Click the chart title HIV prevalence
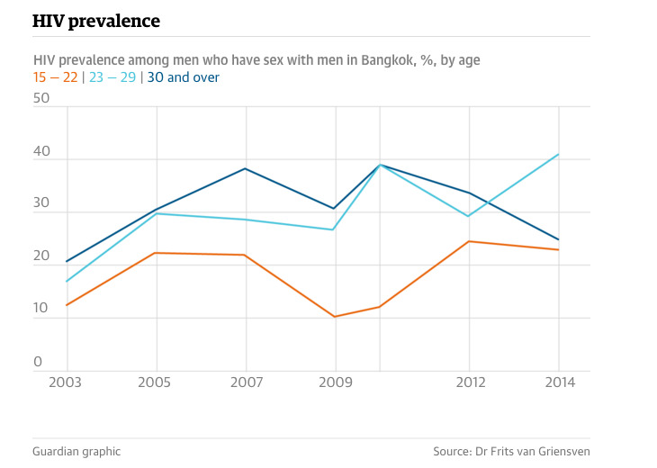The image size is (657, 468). point(96,20)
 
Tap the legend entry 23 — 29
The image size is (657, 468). point(112,77)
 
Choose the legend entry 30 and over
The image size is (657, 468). point(183,77)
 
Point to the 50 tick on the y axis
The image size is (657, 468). point(40,98)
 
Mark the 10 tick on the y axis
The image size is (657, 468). point(40,310)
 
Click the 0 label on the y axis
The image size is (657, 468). point(38,362)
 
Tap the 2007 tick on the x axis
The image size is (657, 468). point(246,382)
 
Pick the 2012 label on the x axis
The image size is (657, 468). point(468,382)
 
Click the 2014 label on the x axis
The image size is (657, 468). point(559,382)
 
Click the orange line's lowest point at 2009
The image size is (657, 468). point(335,317)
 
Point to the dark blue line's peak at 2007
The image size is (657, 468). point(246,168)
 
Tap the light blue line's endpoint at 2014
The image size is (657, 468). point(559,154)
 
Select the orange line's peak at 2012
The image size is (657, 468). point(468,241)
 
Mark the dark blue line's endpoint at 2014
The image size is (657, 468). point(559,239)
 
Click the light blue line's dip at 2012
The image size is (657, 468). point(468,216)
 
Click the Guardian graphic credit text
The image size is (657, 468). point(76,451)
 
